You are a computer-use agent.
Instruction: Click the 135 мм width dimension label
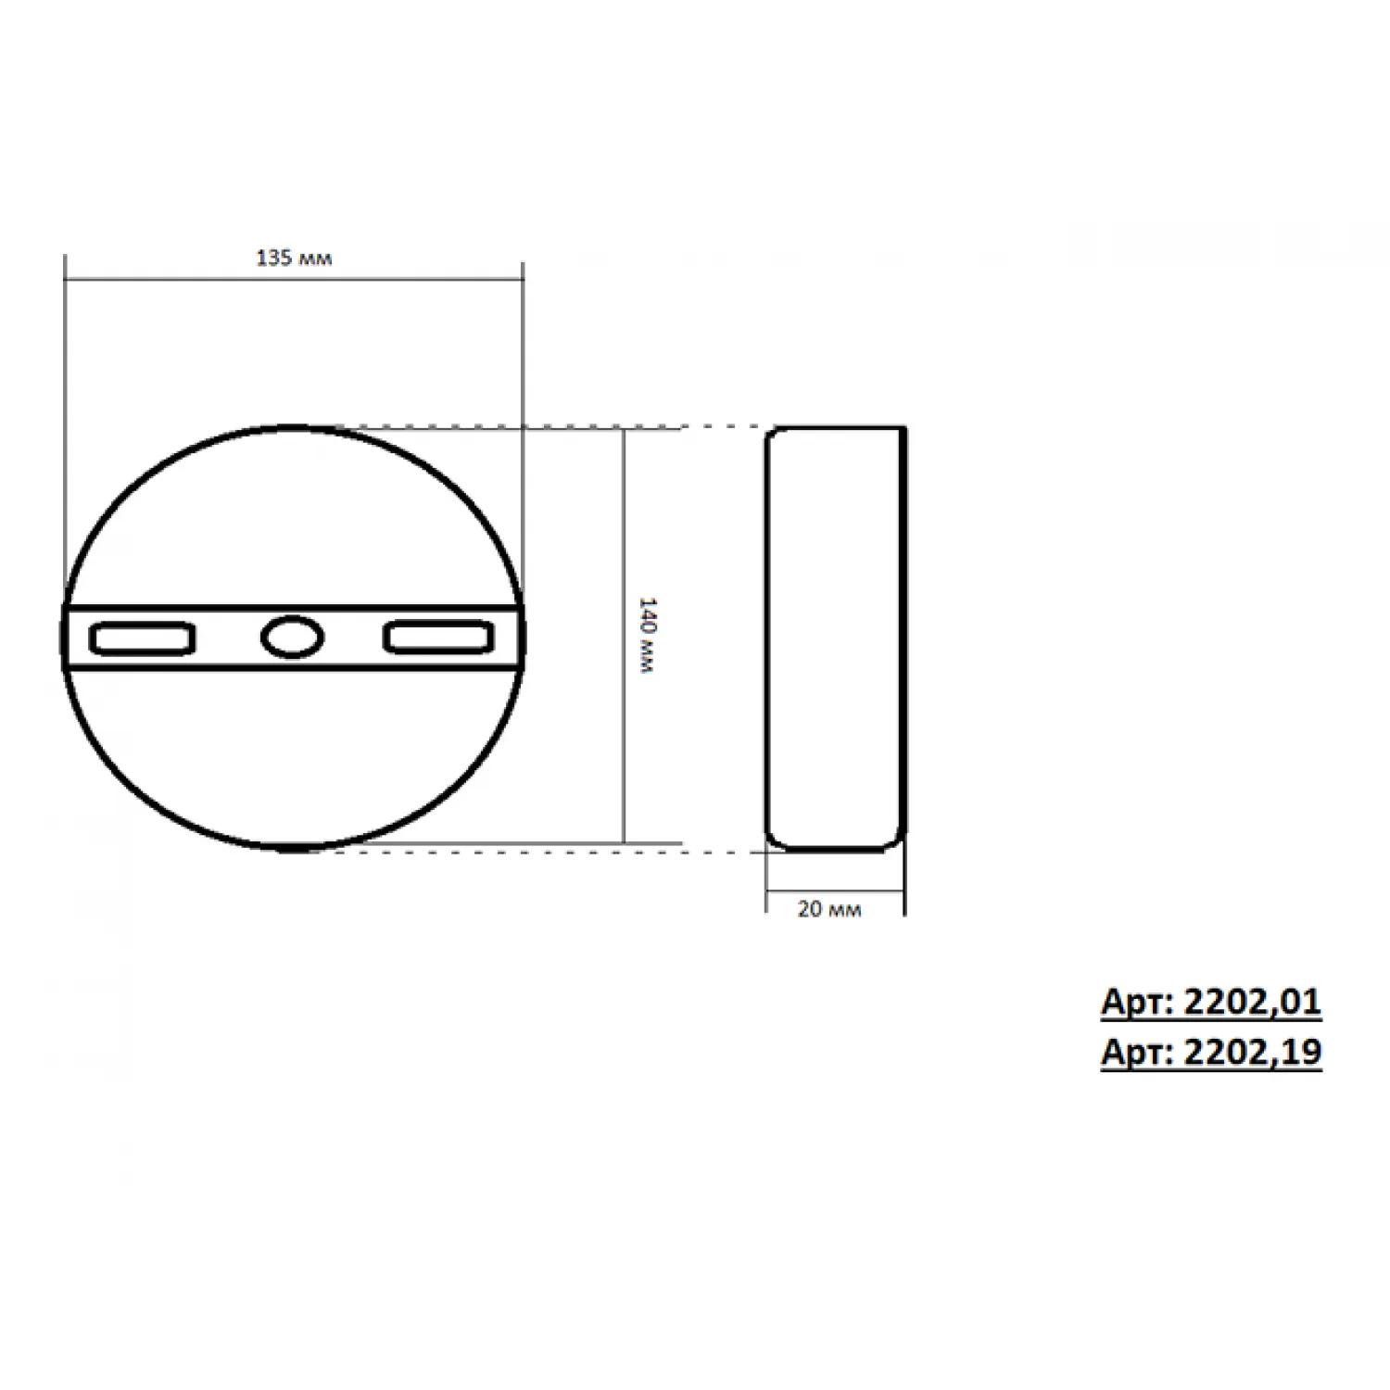click(x=294, y=258)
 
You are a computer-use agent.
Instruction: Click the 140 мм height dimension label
click(x=648, y=636)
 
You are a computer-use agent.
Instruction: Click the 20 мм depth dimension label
click(x=829, y=909)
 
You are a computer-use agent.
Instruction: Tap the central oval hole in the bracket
click(x=293, y=638)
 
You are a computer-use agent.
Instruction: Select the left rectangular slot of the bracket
click(x=142, y=638)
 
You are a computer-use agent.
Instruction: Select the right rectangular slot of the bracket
click(x=439, y=638)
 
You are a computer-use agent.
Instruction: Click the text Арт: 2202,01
click(x=1211, y=1002)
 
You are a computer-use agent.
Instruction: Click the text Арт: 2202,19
click(x=1211, y=1053)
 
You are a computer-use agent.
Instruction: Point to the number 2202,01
click(x=1253, y=1002)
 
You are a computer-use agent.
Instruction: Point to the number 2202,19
click(x=1253, y=1053)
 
